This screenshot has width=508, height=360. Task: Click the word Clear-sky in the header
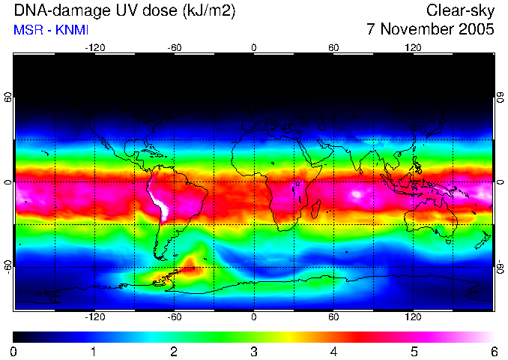coord(460,10)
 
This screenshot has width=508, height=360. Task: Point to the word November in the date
coord(415,30)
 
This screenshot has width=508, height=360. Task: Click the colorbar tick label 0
coord(14,351)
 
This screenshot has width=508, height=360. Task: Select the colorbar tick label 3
coord(254,351)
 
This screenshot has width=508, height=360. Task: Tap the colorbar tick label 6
coord(493,351)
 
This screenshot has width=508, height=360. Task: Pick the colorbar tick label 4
coord(333,351)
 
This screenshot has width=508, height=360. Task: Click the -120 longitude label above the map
coord(94,47)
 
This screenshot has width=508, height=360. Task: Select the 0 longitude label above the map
coord(254,47)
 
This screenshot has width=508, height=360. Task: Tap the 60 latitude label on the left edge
coord(8,100)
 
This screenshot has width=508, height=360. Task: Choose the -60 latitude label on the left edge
coord(8,266)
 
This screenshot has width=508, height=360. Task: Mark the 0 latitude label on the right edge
coord(500,183)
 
